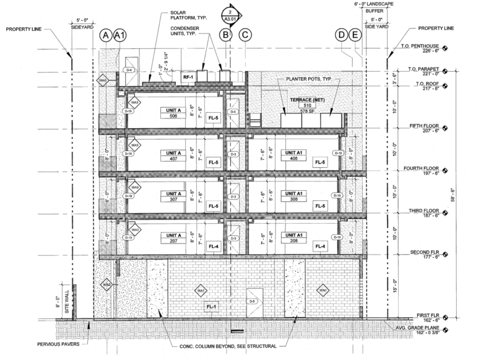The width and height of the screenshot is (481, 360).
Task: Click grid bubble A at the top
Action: coord(106,37)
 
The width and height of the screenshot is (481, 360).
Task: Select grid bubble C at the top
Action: coord(246,37)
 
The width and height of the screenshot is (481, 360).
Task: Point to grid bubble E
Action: coord(355,37)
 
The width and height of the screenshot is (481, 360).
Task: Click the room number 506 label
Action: coord(172,116)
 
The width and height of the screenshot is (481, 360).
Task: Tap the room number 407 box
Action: coord(172,158)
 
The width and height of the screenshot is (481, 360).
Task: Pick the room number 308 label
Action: coord(293,200)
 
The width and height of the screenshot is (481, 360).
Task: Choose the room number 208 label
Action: coord(293,242)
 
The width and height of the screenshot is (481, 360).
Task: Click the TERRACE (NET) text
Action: coord(305,99)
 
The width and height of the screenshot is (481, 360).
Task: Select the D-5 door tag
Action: coord(253,301)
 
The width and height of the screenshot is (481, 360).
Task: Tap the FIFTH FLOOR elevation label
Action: coord(424,126)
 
